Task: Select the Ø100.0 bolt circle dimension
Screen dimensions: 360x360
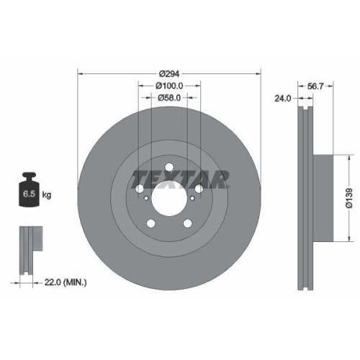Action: tap(169, 85)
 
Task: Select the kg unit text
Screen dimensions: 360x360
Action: tap(47, 194)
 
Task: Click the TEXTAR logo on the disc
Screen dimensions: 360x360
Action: tap(180, 177)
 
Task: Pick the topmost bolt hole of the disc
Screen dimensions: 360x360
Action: tap(169, 170)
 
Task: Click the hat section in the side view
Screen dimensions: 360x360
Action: tap(324, 194)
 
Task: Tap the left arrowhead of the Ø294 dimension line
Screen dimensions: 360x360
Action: tap(79, 73)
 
